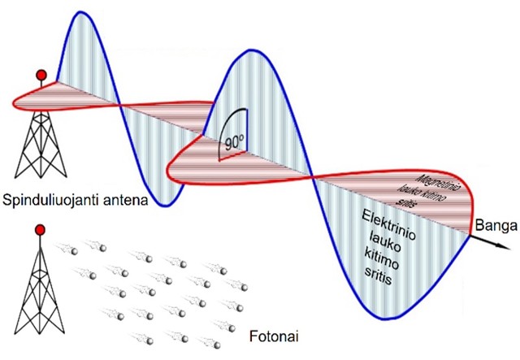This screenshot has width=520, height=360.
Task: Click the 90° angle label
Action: (235, 143)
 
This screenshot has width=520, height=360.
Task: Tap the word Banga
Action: (496, 226)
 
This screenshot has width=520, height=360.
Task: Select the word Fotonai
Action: (274, 336)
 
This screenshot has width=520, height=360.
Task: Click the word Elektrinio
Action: (388, 224)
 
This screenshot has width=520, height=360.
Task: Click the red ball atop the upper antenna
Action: (41, 75)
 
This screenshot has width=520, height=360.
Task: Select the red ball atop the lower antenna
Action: (40, 230)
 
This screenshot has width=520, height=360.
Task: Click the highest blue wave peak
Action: (80, 12)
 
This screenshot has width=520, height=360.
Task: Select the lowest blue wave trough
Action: (383, 319)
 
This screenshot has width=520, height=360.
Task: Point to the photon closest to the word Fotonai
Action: (231, 327)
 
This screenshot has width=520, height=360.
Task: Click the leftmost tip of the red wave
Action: (13, 103)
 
